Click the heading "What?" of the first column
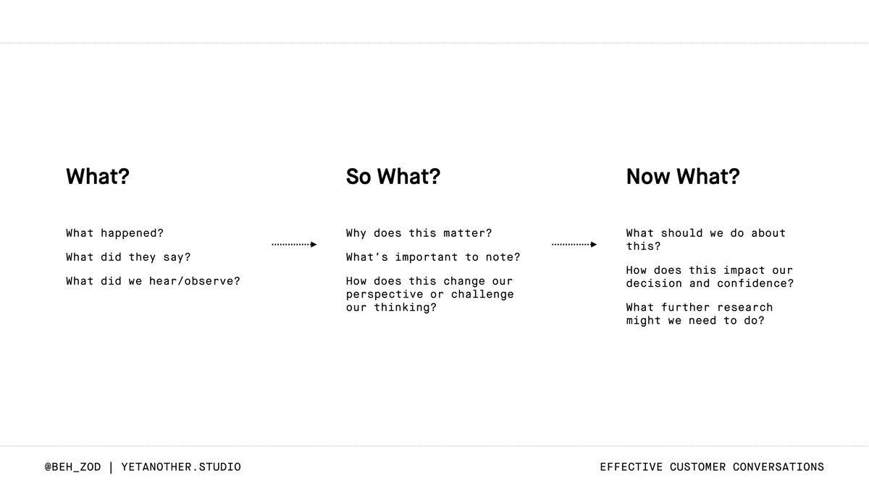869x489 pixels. (98, 177)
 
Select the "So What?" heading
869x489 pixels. (392, 177)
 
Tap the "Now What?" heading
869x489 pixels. (683, 177)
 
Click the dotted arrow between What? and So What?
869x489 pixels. (294, 245)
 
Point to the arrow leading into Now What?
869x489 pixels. (574, 245)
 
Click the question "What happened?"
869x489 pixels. (114, 233)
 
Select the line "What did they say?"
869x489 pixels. (128, 257)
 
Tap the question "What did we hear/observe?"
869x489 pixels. (153, 281)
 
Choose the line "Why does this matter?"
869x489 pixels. (419, 233)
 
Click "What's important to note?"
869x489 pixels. (433, 257)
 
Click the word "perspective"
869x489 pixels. (385, 294)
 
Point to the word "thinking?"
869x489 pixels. (406, 307)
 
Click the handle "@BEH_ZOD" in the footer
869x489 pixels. (72, 467)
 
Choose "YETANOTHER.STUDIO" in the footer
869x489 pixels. (181, 467)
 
